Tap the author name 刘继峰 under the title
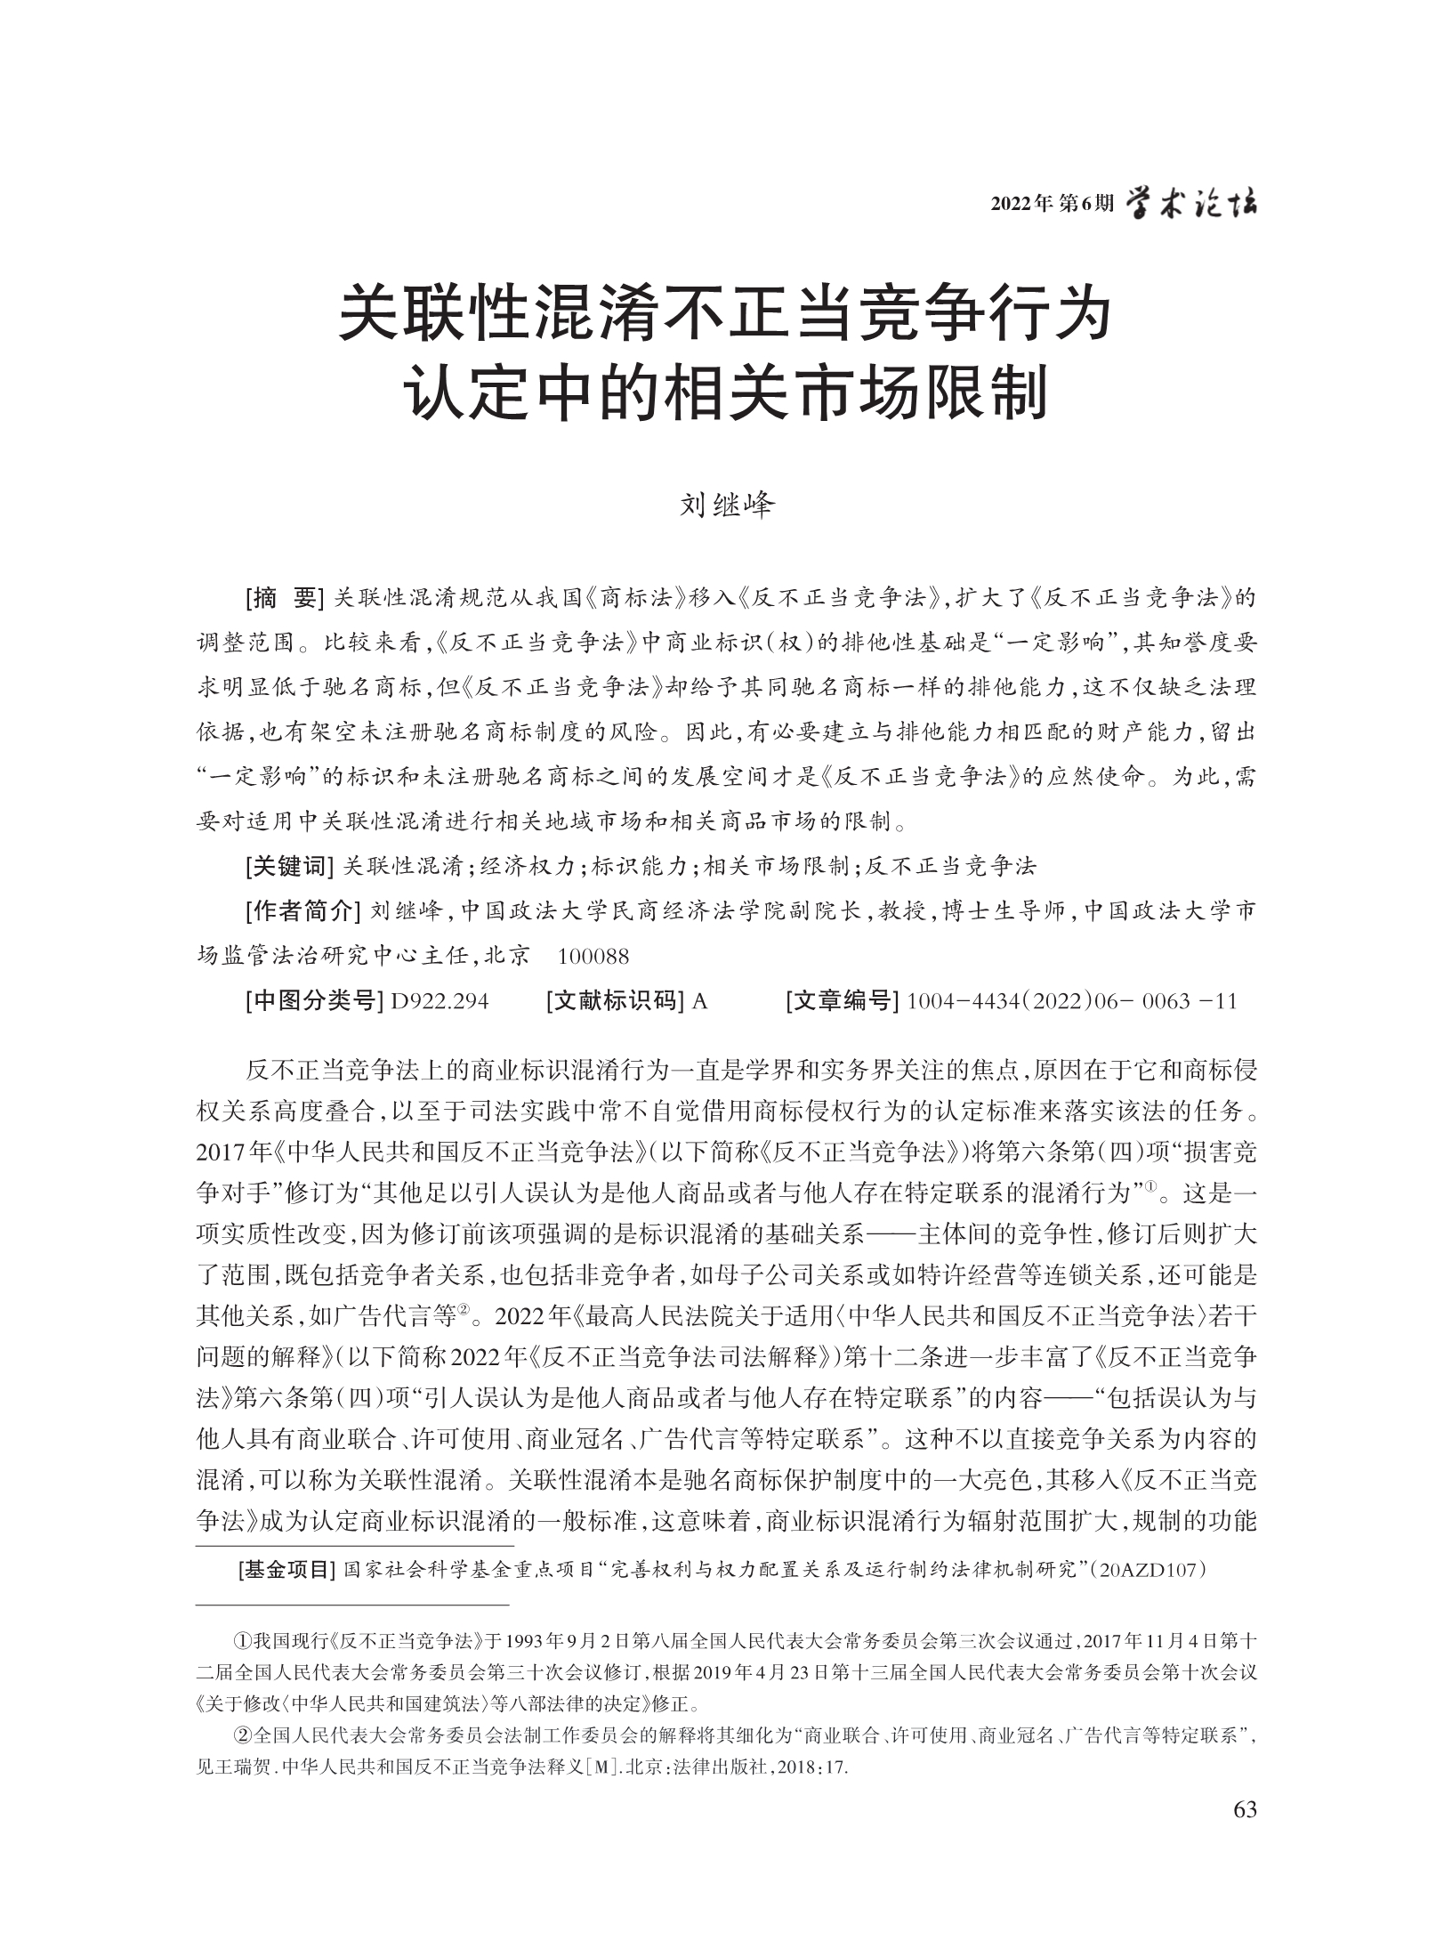727,506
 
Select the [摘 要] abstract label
283,599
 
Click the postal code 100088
593,957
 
